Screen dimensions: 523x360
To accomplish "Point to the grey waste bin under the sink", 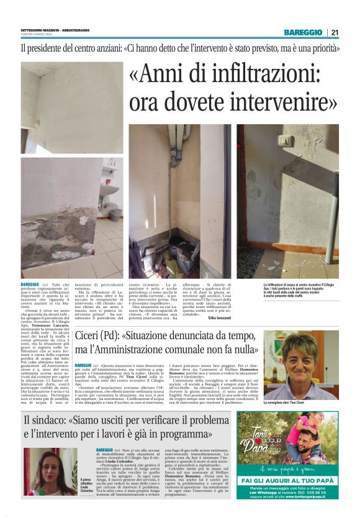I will (115, 214).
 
